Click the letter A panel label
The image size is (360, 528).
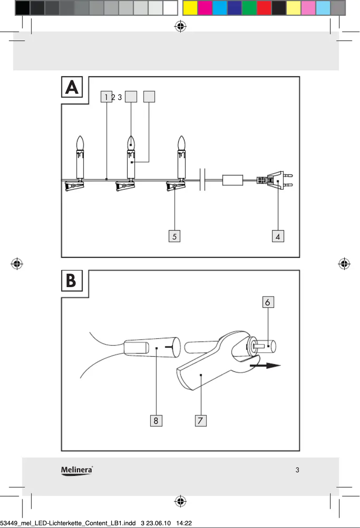[72, 88]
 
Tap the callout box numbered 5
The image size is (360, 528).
[175, 236]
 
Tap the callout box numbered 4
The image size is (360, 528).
[278, 236]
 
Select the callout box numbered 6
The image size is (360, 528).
[268, 302]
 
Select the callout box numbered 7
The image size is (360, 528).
[201, 420]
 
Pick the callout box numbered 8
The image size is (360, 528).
[156, 420]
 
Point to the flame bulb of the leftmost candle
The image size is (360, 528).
[80, 143]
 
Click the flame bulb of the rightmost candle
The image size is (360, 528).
[181, 143]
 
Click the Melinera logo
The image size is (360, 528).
[77, 470]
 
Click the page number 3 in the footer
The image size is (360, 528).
[297, 470]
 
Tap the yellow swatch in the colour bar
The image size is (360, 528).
[190, 8]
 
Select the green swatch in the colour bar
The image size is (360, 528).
[249, 8]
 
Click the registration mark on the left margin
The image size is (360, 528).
[17, 263]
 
